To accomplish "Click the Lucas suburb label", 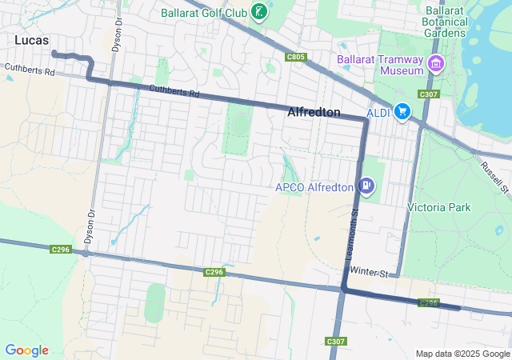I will click(31, 39).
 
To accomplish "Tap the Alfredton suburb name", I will click(314, 113).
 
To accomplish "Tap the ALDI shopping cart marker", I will click(402, 113).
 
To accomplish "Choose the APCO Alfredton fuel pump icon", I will click(366, 186).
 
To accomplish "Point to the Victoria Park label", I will click(439, 207).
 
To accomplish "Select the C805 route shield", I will click(295, 57).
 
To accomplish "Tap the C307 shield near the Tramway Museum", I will click(428, 94).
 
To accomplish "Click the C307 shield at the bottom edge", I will click(336, 342).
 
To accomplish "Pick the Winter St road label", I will click(368, 274).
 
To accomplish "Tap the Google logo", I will click(26, 350).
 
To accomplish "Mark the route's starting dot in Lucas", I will click(54, 54).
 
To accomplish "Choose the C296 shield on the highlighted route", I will click(429, 303).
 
